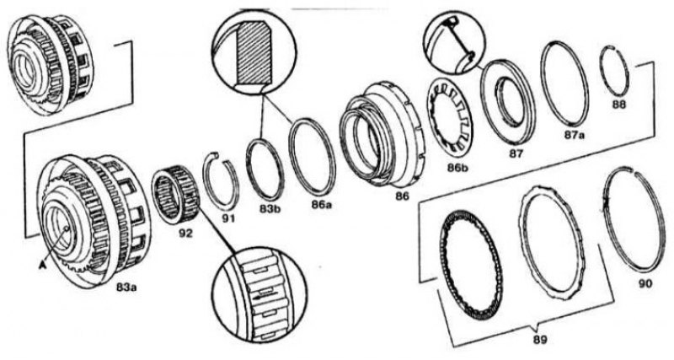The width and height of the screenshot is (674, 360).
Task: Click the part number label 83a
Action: point(126,287)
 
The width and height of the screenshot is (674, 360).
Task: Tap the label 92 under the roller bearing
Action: point(186,234)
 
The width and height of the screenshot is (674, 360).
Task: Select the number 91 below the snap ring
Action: point(228,218)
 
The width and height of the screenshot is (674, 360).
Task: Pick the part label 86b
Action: point(457,168)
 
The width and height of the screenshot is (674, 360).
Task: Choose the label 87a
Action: point(575,135)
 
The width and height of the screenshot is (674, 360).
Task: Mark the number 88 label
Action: point(619,104)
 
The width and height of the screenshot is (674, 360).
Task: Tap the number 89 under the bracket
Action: point(540,340)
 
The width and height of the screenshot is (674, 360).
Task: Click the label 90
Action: point(645,283)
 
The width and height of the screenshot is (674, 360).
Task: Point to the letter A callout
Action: point(42,266)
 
